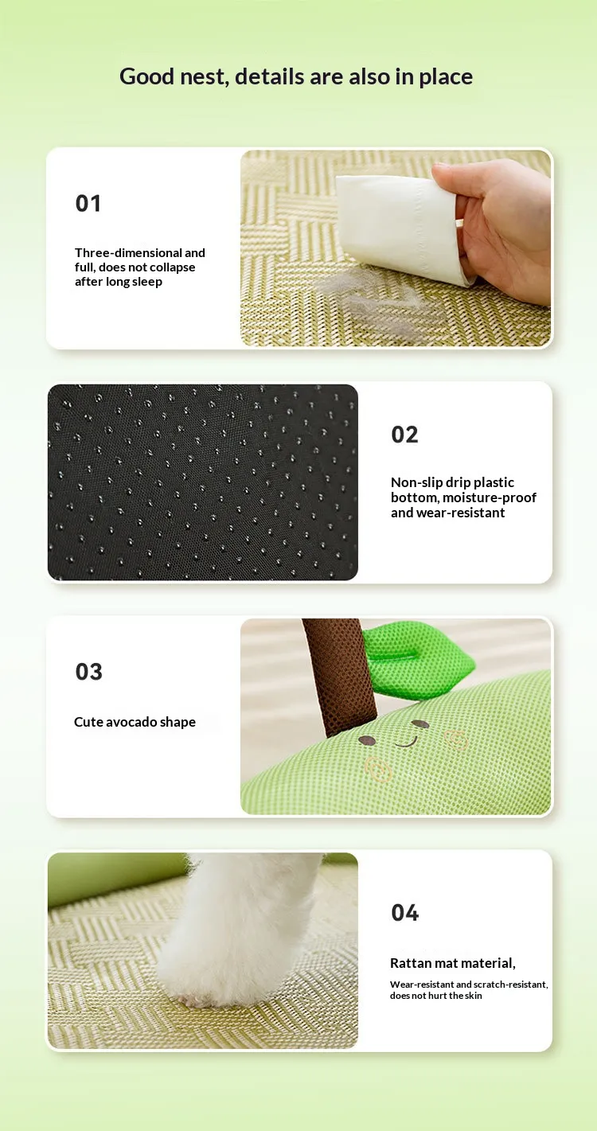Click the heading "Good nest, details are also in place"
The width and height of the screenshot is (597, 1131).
[296, 76]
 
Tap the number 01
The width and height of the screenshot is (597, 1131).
[88, 204]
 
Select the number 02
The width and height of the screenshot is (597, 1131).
[404, 435]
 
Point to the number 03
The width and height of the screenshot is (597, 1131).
[88, 672]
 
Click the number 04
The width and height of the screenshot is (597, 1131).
[404, 912]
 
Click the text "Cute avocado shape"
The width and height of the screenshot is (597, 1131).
[135, 722]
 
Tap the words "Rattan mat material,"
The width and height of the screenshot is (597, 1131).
[452, 963]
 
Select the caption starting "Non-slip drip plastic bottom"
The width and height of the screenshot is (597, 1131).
[463, 497]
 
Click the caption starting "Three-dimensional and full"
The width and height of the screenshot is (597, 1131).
[140, 267]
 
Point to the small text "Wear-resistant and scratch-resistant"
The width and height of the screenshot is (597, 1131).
[469, 985]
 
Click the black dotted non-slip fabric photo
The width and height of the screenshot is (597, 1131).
[202, 482]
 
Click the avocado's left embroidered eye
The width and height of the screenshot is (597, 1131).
[367, 740]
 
